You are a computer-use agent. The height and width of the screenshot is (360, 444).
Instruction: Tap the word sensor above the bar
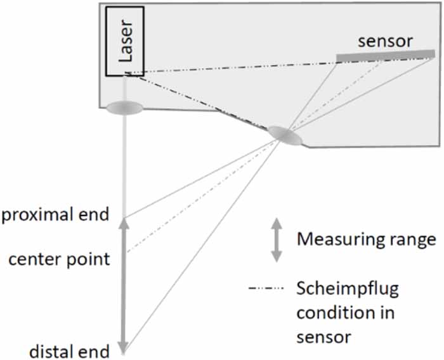point(385,41)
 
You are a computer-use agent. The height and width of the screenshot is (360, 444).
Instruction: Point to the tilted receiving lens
point(284,135)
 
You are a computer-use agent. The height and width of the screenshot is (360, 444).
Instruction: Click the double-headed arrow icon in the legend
point(276,240)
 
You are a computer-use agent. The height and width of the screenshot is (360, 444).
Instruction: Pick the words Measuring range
point(367,240)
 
